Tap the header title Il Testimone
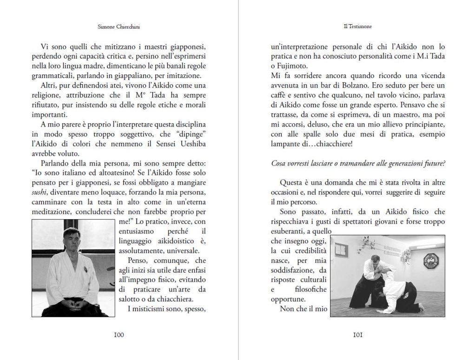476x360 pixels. pos(352,27)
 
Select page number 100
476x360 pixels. pos(119,334)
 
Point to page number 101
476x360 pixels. pos(352,334)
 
